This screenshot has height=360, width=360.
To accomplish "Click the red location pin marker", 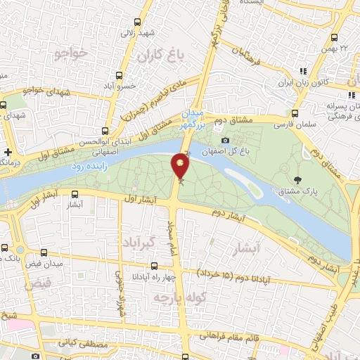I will point(181,166).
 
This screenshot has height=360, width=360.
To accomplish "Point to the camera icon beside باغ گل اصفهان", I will point(225,140).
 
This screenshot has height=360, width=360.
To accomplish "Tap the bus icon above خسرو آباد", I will point(120,75).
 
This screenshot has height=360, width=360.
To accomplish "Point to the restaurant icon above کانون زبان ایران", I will point(304,71).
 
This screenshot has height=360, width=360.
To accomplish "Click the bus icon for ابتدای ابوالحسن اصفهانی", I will point(105,131).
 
